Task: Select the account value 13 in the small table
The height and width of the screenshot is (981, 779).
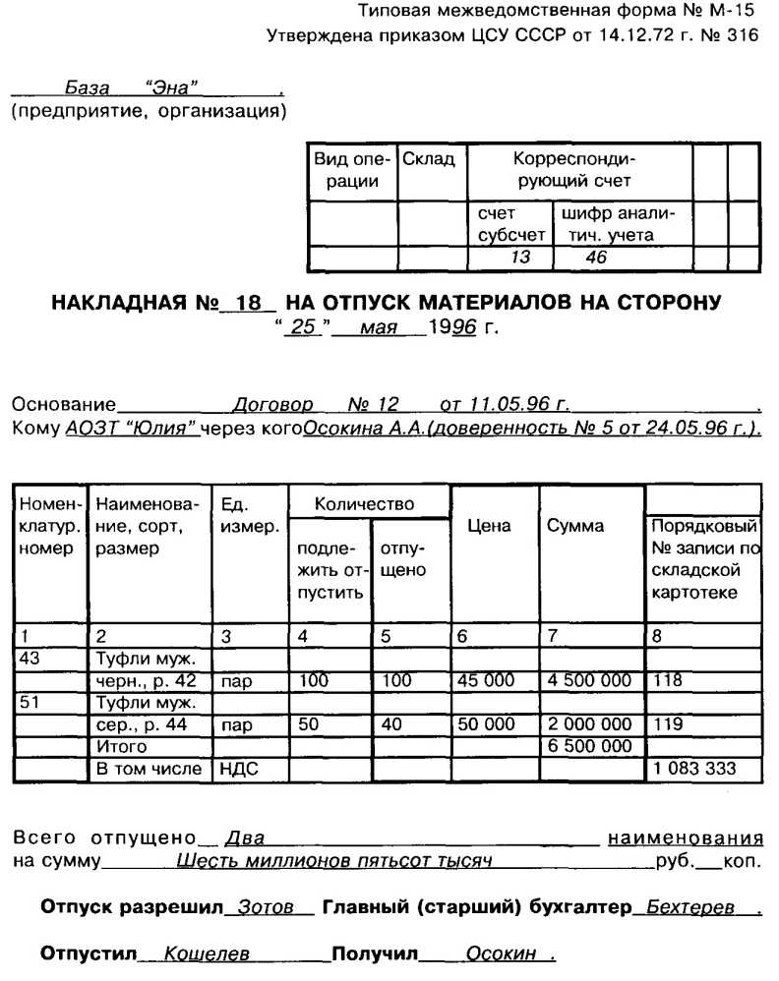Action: click(519, 258)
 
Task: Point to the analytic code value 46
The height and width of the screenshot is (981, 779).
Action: click(596, 258)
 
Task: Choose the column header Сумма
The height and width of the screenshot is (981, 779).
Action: click(575, 526)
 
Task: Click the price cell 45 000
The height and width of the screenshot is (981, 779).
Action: click(487, 679)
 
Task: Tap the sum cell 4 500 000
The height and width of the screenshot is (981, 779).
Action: click(590, 679)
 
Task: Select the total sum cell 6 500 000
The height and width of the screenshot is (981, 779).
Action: click(590, 747)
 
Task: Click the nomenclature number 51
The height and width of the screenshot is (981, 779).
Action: click(30, 702)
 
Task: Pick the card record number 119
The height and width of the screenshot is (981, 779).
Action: click(666, 724)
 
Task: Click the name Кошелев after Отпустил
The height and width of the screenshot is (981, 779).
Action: click(207, 954)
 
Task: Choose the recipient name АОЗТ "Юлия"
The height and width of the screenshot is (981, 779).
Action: click(132, 430)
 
